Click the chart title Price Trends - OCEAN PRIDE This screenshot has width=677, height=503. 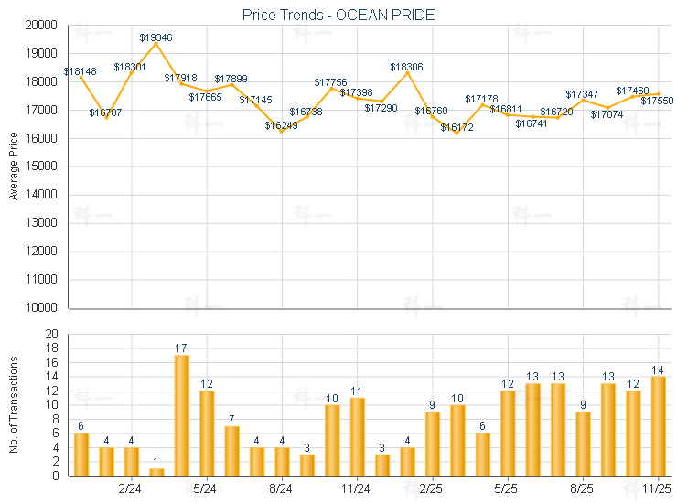click(x=338, y=15)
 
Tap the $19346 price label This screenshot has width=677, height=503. click(x=156, y=37)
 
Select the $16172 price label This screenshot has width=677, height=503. click(x=457, y=127)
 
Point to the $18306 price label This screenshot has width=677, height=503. click(x=406, y=67)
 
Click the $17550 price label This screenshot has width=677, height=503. click(x=656, y=101)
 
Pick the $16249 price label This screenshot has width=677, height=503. click(x=281, y=125)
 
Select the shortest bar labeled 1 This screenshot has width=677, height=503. click(x=156, y=472)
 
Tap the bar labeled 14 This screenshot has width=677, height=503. click(x=657, y=425)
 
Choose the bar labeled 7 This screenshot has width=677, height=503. click(x=231, y=450)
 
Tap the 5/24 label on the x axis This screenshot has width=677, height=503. click(x=206, y=488)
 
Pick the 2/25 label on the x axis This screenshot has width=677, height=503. click(x=432, y=488)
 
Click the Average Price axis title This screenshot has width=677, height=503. click(x=14, y=167)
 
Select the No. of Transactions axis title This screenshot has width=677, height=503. click(x=14, y=405)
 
